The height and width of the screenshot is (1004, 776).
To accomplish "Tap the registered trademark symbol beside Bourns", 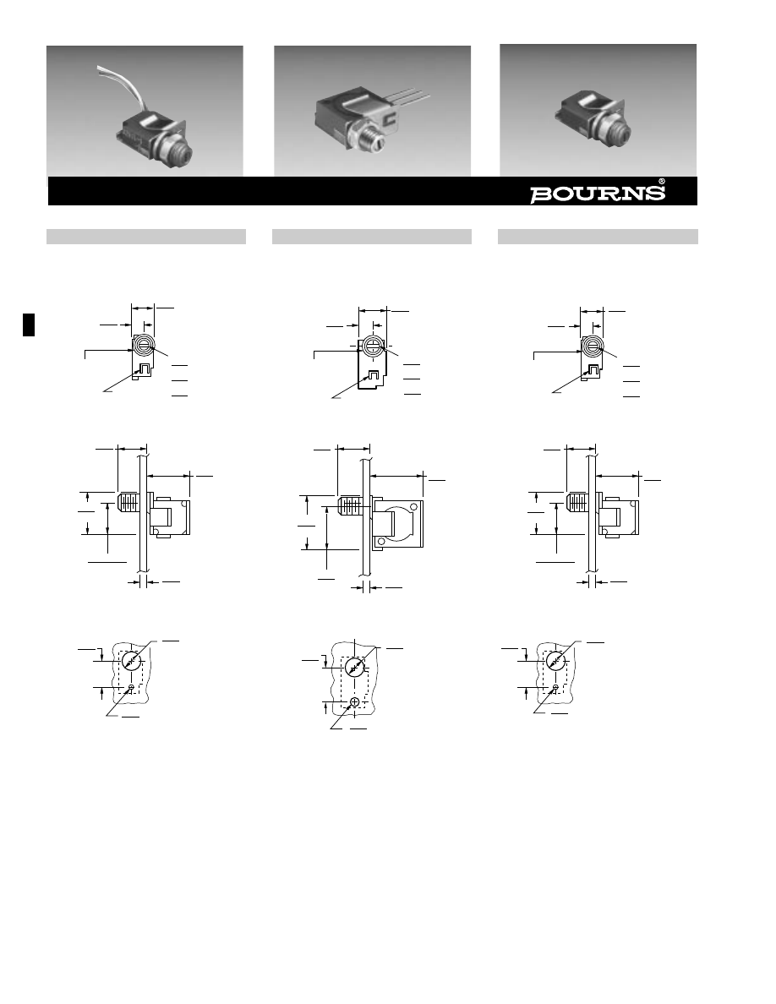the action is pos(662,181).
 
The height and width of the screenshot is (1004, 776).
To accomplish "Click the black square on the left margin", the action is pos(29,325).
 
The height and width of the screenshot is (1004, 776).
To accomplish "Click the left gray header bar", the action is pos(146,237).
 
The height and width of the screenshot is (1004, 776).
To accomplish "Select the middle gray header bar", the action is pos(372,237).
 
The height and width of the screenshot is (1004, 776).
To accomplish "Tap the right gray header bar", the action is pos(598,237).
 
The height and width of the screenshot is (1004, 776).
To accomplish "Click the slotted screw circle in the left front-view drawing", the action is pos(143,346).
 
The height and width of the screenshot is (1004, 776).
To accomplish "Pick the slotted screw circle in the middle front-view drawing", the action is pos(372,346).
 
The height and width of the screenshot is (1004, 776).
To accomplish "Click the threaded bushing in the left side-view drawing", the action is pos(128,501).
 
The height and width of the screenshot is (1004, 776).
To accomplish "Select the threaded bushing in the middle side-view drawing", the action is pos(350,506).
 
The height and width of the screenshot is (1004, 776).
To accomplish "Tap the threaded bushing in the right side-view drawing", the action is pos(578,501).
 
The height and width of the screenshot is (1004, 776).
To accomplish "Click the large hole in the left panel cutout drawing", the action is pos(131,661).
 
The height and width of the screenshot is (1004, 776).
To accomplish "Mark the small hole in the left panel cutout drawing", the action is pos(131,688).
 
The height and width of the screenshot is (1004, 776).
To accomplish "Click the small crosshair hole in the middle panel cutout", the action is pos(355,701).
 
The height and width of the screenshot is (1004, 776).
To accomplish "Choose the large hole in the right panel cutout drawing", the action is pos(555,661).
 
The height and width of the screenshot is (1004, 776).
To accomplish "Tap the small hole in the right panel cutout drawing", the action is pos(555,687).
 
